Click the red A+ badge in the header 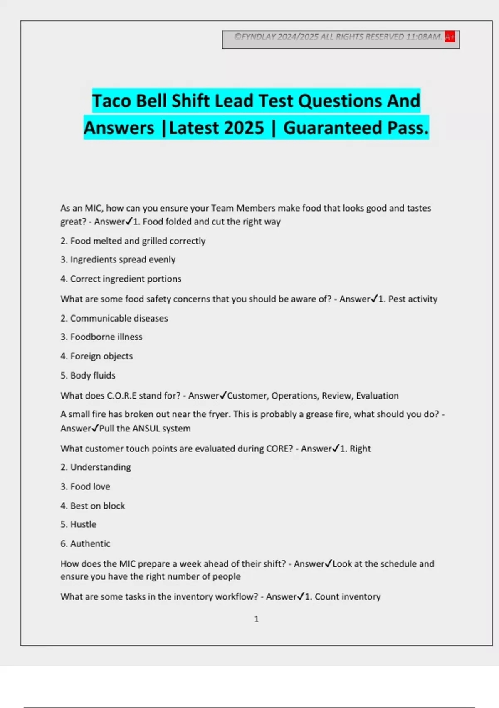[x=450, y=37]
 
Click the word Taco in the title [x=111, y=101]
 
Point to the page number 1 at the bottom [x=256, y=619]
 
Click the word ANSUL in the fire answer [x=146, y=429]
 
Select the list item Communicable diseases [x=119, y=319]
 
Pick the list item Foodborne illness [x=106, y=337]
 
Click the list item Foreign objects [x=101, y=356]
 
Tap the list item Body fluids [x=92, y=376]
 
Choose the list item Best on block [x=97, y=506]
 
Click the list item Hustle [x=83, y=524]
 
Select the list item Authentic [x=90, y=544]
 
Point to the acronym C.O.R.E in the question [x=121, y=396]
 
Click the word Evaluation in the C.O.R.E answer [x=377, y=396]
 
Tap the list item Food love [x=90, y=486]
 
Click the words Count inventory [x=347, y=597]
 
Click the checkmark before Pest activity [x=374, y=299]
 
